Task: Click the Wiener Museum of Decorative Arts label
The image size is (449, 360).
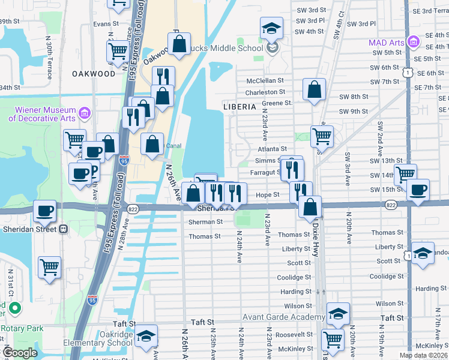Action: (x=41, y=114)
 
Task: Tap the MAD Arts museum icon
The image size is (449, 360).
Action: (x=412, y=42)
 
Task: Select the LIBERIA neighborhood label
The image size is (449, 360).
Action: (x=240, y=106)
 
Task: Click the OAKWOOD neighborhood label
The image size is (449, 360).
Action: (x=93, y=73)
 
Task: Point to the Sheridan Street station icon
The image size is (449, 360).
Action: (x=63, y=229)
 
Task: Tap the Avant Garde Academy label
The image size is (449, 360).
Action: (x=283, y=317)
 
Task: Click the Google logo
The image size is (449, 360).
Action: (x=20, y=353)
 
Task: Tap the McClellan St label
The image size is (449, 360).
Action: (x=265, y=80)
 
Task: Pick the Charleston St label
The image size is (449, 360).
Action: (x=265, y=92)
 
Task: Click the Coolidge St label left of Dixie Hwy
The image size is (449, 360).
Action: (x=294, y=277)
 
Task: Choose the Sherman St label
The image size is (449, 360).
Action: (x=206, y=222)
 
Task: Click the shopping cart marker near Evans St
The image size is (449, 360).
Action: (x=118, y=50)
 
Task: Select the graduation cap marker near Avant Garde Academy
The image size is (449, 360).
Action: (x=338, y=313)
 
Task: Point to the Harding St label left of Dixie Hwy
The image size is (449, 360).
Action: (x=296, y=292)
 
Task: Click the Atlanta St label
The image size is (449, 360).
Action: (x=273, y=149)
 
